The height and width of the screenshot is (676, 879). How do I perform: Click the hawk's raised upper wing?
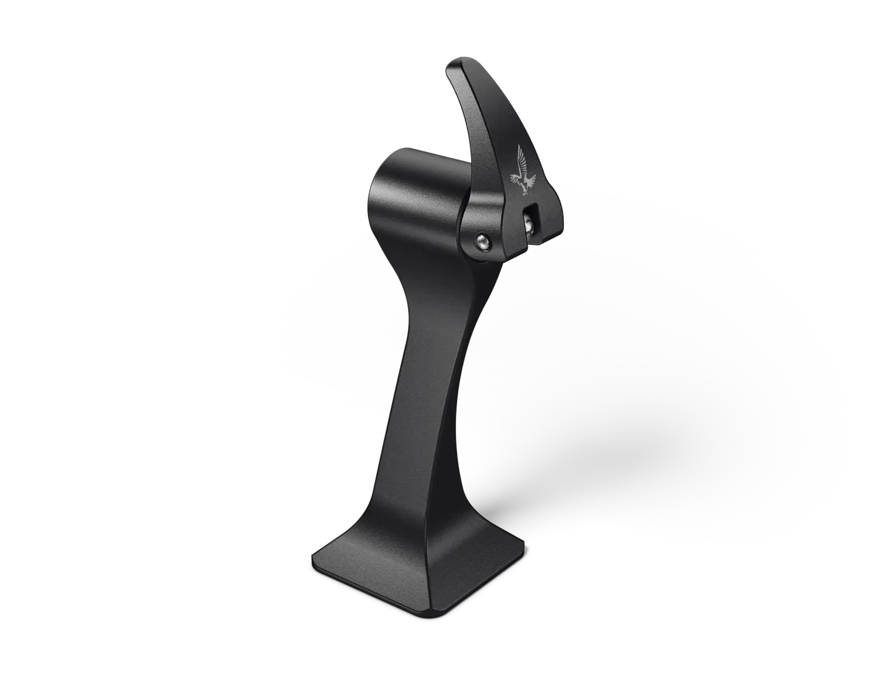[x=520, y=156]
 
